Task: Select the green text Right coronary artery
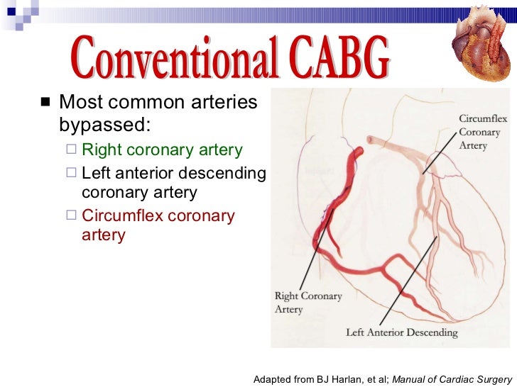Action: [x=162, y=150]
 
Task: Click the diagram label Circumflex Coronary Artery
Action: [x=479, y=132]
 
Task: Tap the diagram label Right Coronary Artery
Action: [x=308, y=302]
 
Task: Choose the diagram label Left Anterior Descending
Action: [x=401, y=332]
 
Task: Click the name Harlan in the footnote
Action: [x=340, y=379]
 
